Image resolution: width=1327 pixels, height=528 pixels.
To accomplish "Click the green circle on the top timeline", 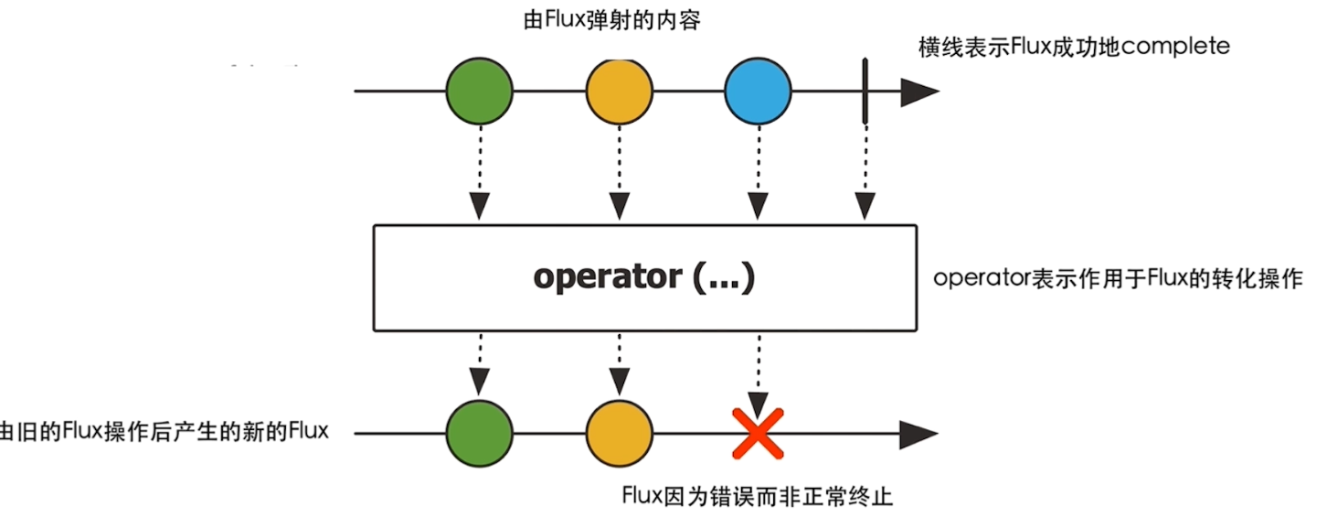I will (x=479, y=92).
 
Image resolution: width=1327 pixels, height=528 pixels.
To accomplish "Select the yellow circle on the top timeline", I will (x=619, y=92).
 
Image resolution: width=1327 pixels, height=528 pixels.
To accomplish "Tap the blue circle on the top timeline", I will (x=757, y=92).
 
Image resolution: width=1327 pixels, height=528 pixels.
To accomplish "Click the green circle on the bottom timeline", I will (x=479, y=434).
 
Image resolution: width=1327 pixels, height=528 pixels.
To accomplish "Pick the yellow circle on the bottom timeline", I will (x=619, y=434).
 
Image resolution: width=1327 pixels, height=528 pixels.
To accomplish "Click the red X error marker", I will (x=758, y=434).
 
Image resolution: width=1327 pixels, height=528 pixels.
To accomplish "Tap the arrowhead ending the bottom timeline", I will (x=918, y=434).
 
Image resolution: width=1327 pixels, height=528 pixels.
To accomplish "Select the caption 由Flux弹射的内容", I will (x=611, y=20).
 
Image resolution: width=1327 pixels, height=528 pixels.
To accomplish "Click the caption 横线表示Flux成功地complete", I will (x=1074, y=47).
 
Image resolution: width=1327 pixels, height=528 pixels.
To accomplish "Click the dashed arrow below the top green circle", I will (x=479, y=174).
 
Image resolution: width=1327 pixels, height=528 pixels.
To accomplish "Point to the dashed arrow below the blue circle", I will (x=757, y=174).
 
